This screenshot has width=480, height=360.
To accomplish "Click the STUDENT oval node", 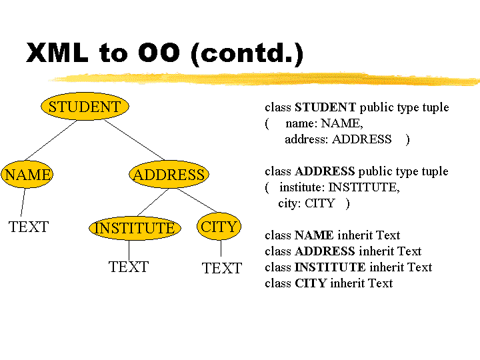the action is click(85, 106).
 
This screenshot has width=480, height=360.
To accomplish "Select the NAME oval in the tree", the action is click(27, 174).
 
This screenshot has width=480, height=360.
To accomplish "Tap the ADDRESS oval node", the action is click(169, 174).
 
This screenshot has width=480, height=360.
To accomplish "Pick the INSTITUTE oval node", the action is click(135, 228).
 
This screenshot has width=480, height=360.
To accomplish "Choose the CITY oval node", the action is click(219, 227).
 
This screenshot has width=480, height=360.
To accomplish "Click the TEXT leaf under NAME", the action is click(29, 227).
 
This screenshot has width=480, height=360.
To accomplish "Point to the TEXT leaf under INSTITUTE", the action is click(129, 267).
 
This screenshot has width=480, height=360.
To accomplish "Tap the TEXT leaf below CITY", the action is click(222, 268).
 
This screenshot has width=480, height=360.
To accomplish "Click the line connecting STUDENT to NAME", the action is click(51, 140).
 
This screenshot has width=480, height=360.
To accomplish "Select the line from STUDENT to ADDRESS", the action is click(135, 140).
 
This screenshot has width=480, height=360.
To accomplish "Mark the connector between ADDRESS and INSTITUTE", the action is click(153, 203).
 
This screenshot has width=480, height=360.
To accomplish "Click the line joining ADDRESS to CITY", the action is click(197, 201).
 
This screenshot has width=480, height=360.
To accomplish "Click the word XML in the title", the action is click(57, 53).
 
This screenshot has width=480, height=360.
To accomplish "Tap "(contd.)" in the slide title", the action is click(247, 53).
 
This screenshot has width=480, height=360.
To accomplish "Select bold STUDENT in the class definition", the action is click(325, 107).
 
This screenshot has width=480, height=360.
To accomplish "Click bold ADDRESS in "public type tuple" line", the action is click(325, 171).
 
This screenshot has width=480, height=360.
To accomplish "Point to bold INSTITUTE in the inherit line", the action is click(330, 267).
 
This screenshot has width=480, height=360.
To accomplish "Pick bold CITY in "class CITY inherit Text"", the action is click(311, 283).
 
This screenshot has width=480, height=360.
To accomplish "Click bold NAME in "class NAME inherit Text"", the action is click(314, 235).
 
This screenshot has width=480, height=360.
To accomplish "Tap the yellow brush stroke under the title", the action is click(264, 79).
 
